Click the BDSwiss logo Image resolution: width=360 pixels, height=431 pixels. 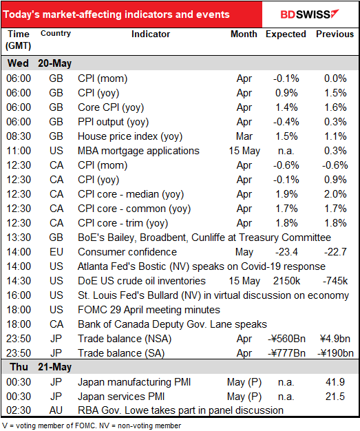click(310, 14)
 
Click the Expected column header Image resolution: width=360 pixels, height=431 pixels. click(286, 34)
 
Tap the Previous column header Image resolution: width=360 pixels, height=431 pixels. click(335, 34)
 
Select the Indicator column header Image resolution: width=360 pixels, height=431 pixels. click(151, 34)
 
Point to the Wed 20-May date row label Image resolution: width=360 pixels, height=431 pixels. click(39, 63)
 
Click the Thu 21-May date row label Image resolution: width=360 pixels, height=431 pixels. click(41, 367)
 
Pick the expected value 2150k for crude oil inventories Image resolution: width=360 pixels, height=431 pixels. click(286, 281)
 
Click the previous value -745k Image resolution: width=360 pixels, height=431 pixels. click(335, 281)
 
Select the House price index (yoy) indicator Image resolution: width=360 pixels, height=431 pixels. click(130, 136)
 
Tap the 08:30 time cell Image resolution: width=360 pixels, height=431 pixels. click(19, 136)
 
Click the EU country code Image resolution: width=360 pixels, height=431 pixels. click(56, 252)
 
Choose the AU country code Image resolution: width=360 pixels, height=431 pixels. click(56, 410)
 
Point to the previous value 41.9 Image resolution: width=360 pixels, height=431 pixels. click(335, 382)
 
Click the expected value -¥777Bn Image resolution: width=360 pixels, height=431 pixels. click(286, 353)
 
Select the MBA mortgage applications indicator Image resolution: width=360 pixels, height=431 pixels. click(138, 151)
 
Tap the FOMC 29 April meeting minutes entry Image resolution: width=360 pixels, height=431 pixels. click(149, 310)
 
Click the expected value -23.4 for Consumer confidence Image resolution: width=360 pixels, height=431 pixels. click(286, 252)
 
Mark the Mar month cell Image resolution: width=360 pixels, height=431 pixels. click(244, 136)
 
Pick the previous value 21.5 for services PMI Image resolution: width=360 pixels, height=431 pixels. click(335, 397)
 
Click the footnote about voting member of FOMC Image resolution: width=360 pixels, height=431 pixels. click(92, 425)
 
